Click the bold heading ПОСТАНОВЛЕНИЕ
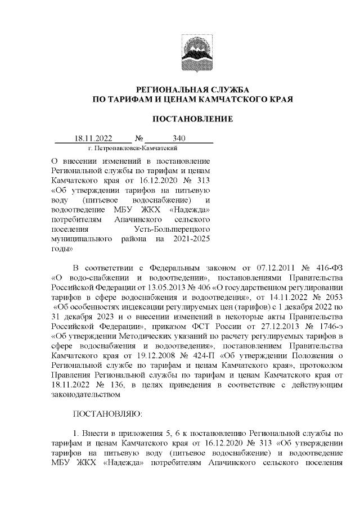193,119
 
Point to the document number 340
179,138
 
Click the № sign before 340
139,138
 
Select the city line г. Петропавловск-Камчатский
133,148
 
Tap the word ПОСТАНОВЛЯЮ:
108,413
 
